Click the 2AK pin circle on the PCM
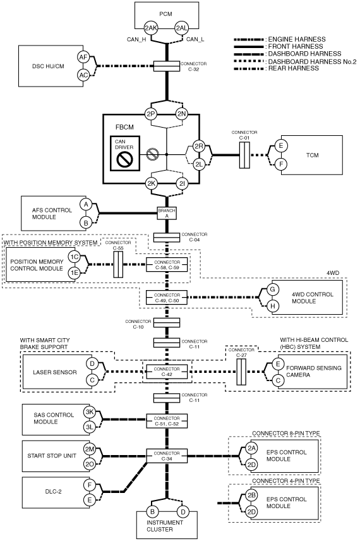click(x=151, y=28)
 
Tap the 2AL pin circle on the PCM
click(x=181, y=28)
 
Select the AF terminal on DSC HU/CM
click(x=83, y=58)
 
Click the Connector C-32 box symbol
click(x=167, y=66)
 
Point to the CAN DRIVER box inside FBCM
click(x=125, y=153)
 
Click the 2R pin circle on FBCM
click(x=199, y=146)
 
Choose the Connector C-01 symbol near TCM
click(x=244, y=155)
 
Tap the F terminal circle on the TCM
click(x=281, y=164)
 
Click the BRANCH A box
click(x=167, y=213)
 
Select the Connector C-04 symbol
click(x=167, y=238)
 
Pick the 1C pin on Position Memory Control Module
click(x=74, y=257)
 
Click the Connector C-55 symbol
click(x=118, y=265)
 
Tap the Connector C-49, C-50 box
click(x=167, y=298)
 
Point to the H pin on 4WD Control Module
click(x=272, y=306)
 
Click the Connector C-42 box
click(x=167, y=371)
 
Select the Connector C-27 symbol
click(x=241, y=372)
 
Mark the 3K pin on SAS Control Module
click(x=90, y=412)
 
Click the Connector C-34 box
click(x=167, y=456)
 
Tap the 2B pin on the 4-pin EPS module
click(x=252, y=495)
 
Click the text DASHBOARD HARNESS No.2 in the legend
click(x=312, y=61)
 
